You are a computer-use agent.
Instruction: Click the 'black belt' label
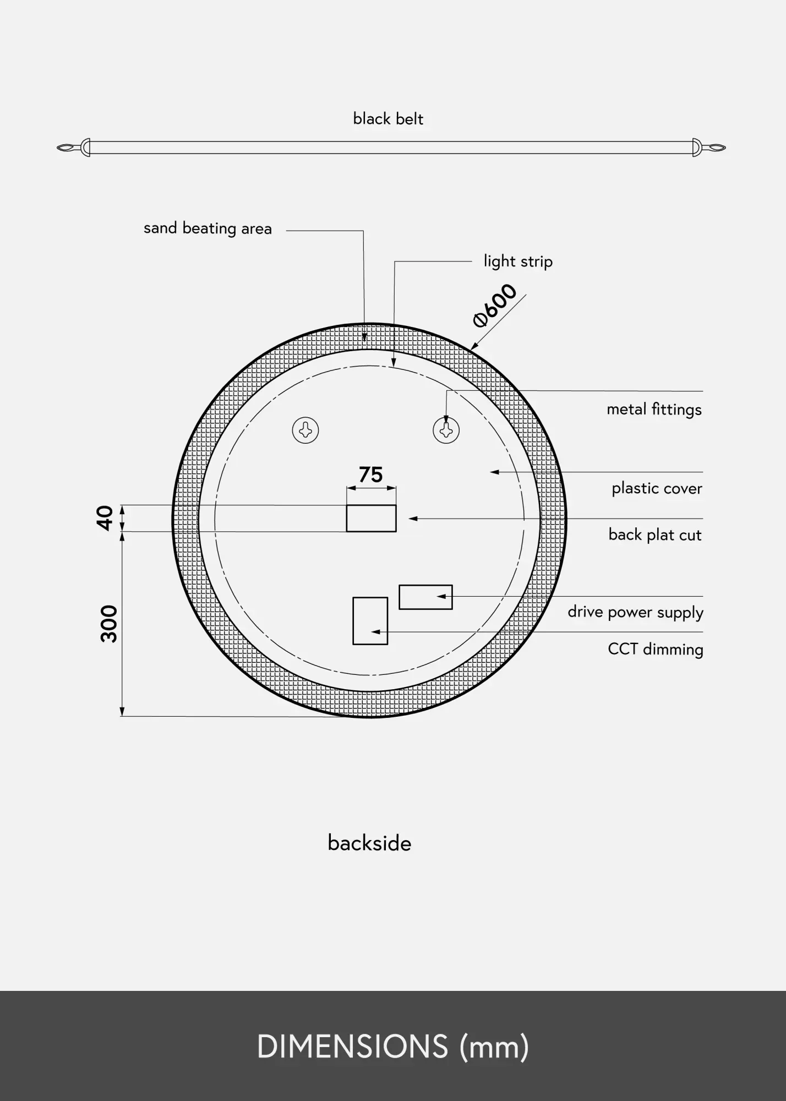[x=388, y=119]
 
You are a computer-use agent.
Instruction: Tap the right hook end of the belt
[x=709, y=148]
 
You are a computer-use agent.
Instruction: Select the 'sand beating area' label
[x=208, y=228]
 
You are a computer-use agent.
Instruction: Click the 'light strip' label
[x=518, y=261]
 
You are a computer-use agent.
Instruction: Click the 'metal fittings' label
[x=654, y=410]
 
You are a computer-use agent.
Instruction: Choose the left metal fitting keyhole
[x=305, y=430]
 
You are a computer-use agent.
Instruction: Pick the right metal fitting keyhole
[x=446, y=430]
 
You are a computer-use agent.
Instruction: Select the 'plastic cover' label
[x=657, y=489]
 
